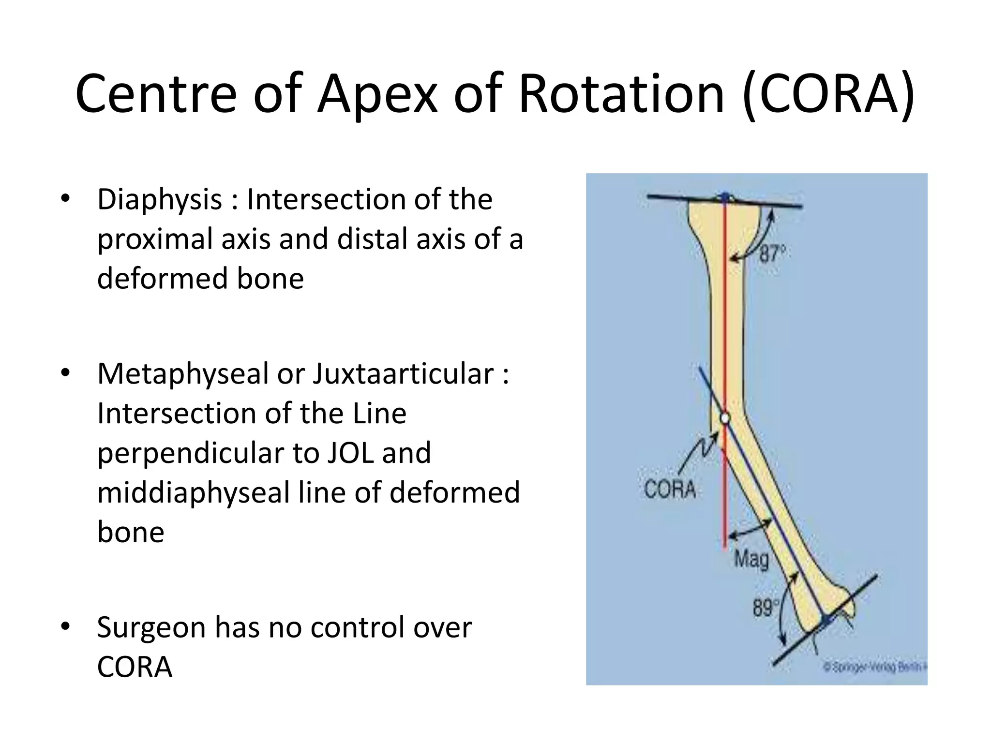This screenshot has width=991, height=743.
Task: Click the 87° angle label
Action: click(771, 253)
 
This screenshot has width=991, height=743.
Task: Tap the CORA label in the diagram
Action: click(670, 489)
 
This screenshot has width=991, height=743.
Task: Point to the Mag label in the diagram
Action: click(751, 560)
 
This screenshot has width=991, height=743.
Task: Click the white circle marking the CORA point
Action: click(724, 418)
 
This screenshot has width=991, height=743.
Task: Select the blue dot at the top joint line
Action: click(725, 197)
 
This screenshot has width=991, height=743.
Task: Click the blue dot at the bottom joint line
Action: click(826, 620)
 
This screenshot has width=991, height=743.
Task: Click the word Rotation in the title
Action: click(621, 94)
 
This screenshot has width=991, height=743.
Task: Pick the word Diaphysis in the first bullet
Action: click(159, 200)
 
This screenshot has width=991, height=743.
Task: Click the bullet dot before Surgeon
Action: click(66, 626)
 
